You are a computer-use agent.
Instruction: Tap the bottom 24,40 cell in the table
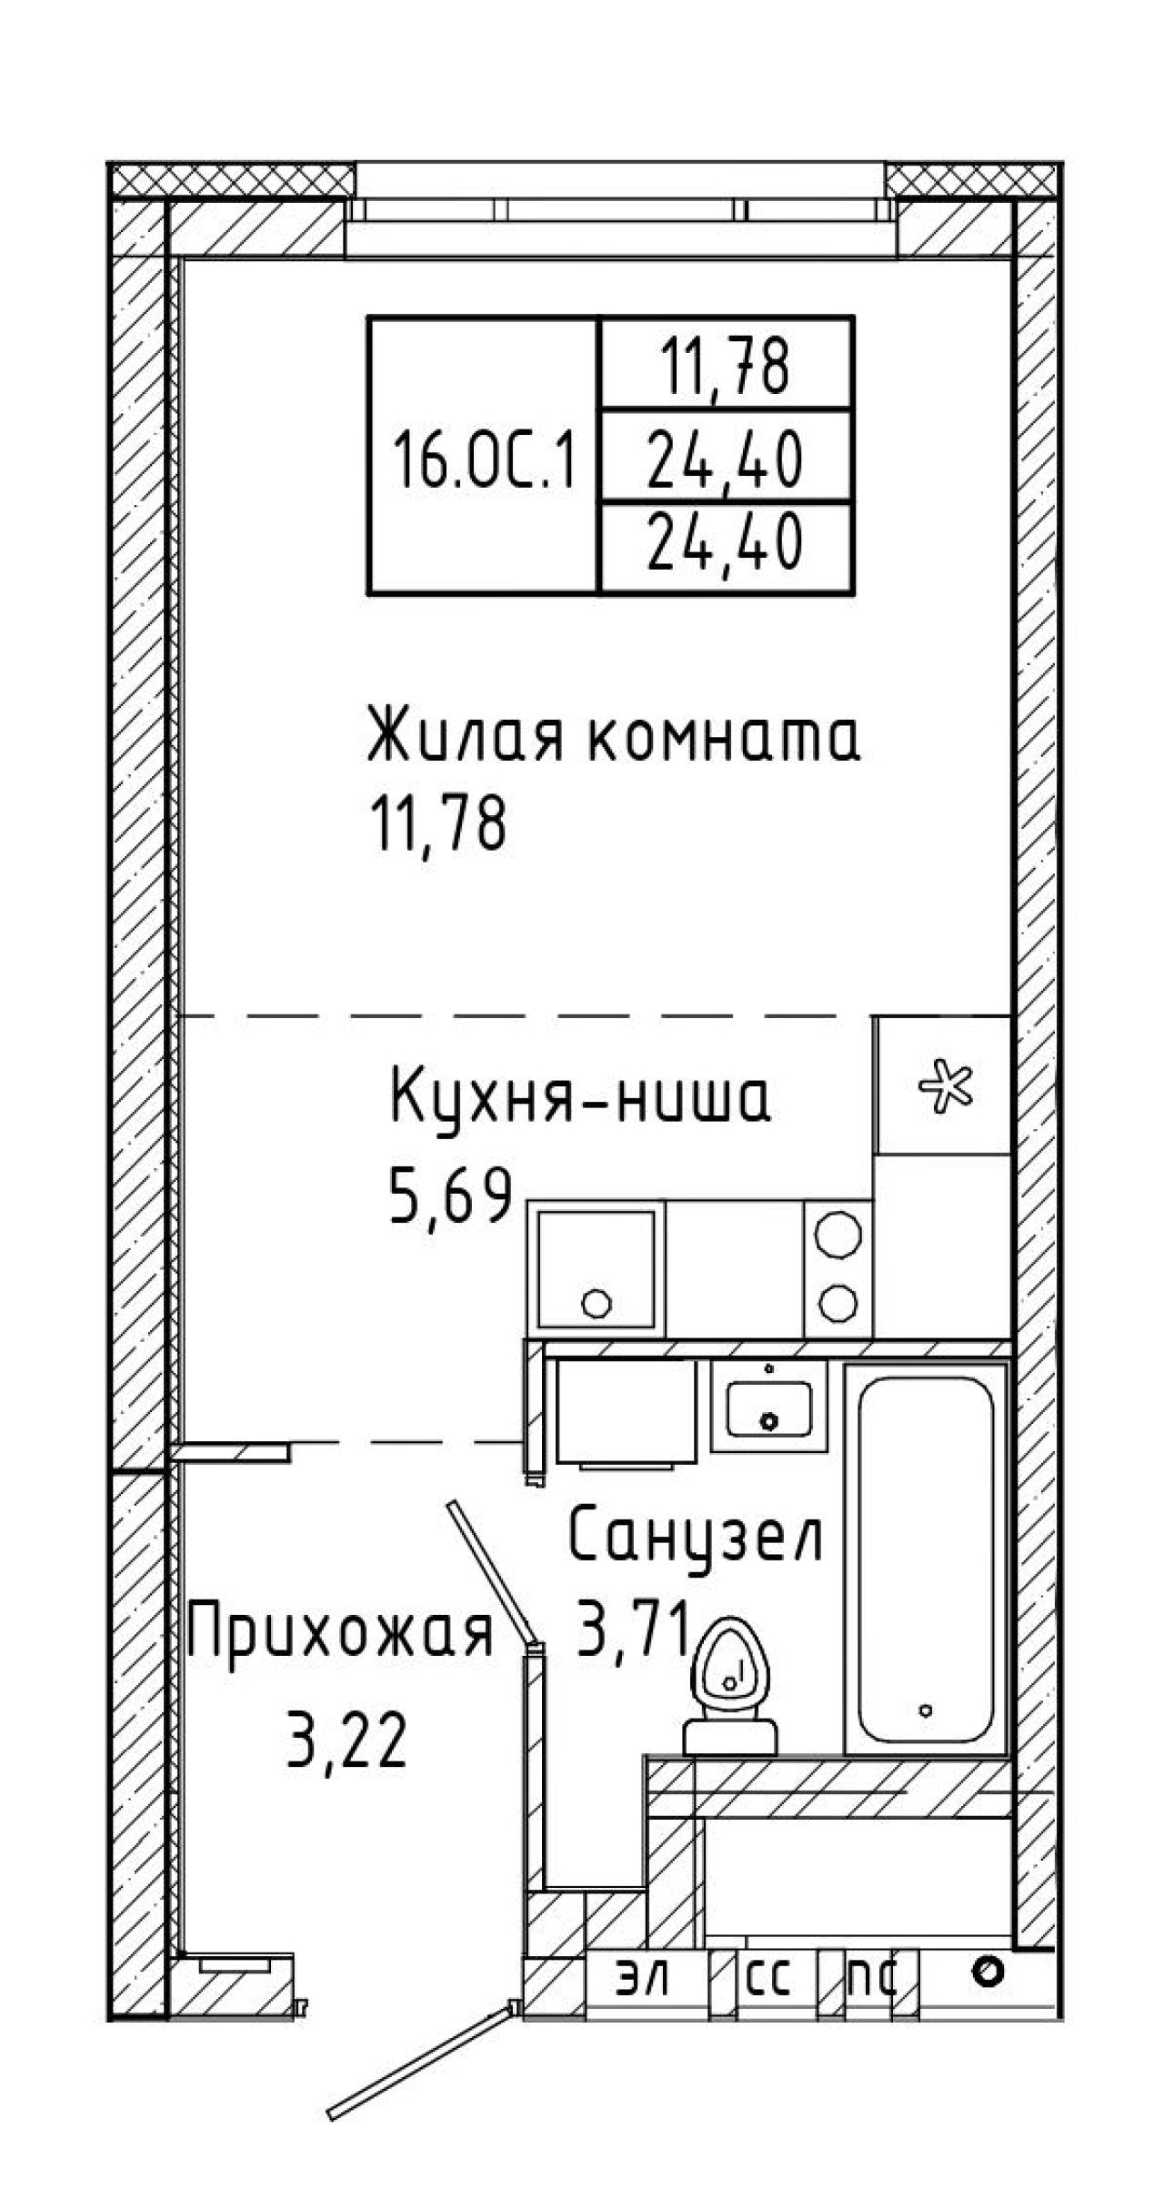click(x=725, y=544)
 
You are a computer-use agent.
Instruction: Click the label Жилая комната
click(x=614, y=740)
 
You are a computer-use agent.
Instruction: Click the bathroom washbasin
click(x=768, y=1406)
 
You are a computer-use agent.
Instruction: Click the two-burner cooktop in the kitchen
click(x=838, y=1267)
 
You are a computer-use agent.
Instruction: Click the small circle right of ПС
click(x=986, y=1971)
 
